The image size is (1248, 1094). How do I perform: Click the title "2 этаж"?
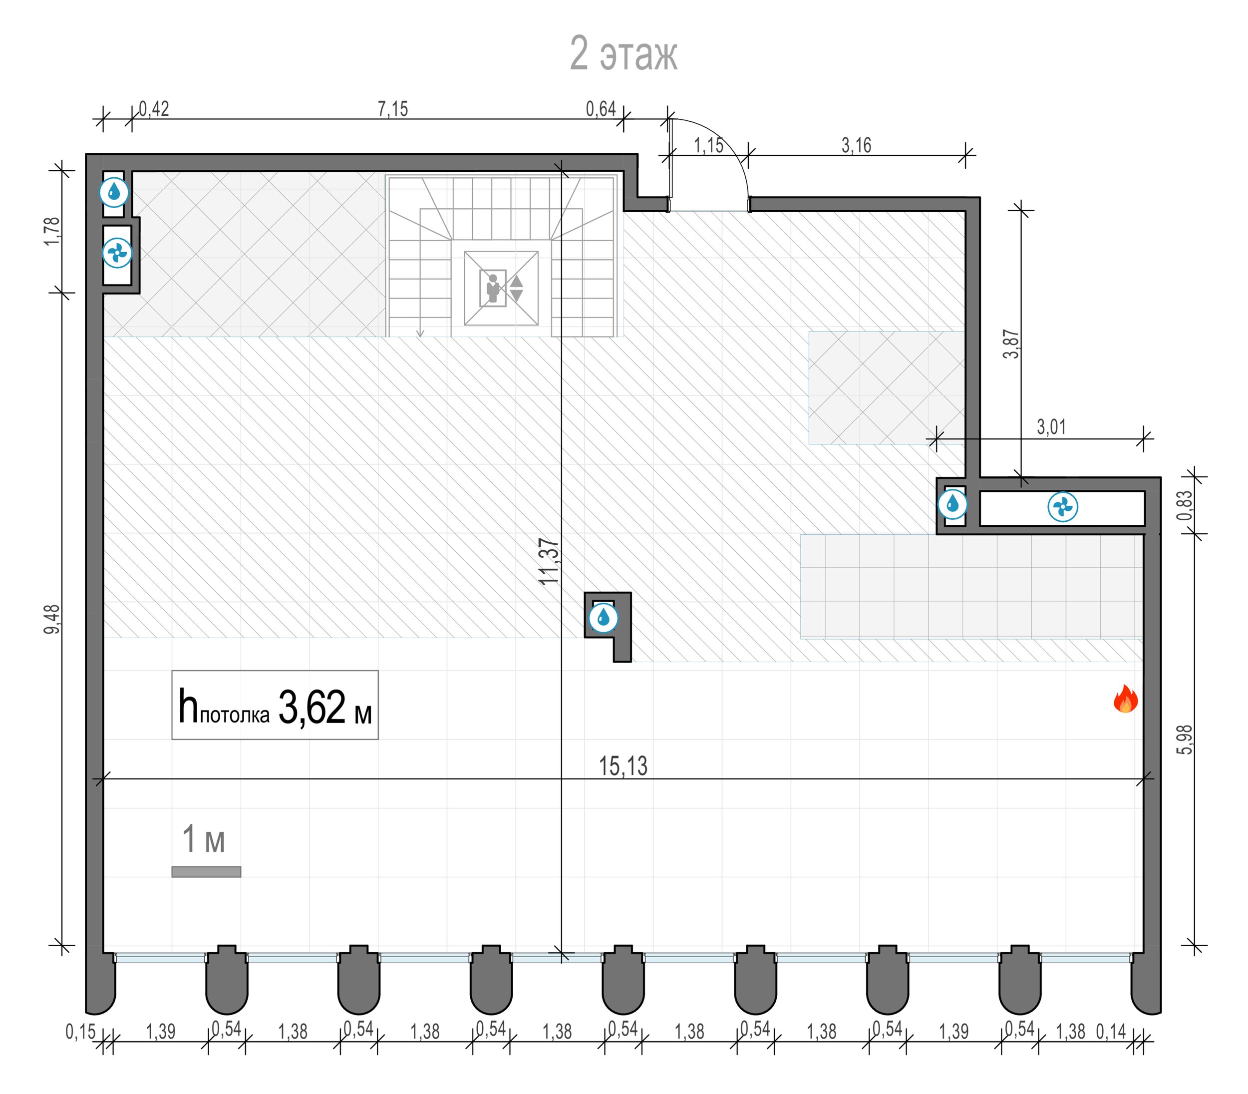pos(623,54)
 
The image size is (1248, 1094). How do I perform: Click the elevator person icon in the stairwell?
pos(493,288)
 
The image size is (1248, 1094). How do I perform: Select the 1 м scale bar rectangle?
pos(206,872)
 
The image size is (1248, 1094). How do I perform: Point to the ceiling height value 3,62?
pos(312,707)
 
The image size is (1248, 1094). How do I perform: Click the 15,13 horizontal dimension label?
pos(623,765)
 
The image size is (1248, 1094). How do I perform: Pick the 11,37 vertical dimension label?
pos(549,561)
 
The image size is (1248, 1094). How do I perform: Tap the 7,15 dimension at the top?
pos(392,109)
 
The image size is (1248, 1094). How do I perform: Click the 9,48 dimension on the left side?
pos(52,619)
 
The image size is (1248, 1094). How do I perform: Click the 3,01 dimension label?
pos(1051,427)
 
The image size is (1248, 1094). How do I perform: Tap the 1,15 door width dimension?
pos(708,145)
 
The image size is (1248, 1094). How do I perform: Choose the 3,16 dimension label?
pos(856,145)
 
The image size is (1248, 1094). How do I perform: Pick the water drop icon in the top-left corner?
pos(114,192)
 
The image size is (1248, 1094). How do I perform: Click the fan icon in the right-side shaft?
pos(1062,507)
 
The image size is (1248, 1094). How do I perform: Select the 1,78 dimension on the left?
pos(52,232)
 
